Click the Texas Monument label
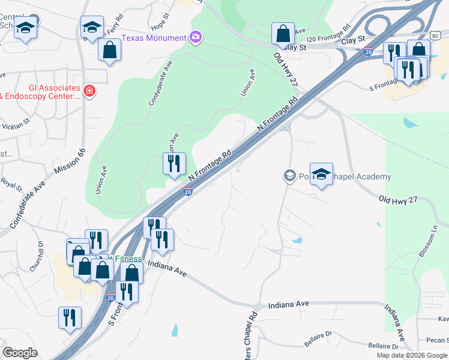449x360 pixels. [x=154, y=38]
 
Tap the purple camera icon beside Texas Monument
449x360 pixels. [x=195, y=38]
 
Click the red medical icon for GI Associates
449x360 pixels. [x=89, y=91]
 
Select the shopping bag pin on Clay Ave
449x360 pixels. [x=283, y=34]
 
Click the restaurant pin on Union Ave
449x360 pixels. [x=174, y=164]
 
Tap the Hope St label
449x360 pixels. [x=159, y=26]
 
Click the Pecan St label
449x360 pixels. [x=436, y=340]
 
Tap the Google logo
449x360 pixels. [x=20, y=353]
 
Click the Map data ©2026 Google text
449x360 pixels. [x=411, y=355]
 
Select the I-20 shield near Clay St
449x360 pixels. [x=368, y=53]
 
